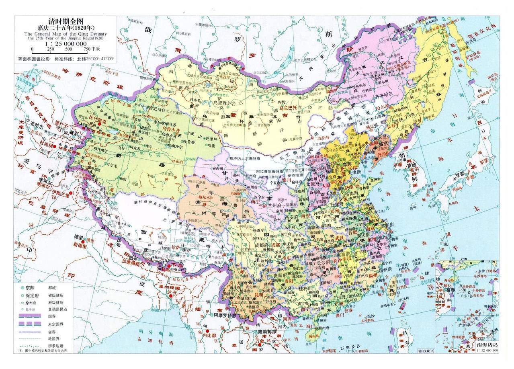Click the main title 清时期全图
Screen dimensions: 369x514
coord(66,22)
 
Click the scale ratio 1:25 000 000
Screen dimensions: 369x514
coord(66,43)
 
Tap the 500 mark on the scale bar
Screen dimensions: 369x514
coord(69,49)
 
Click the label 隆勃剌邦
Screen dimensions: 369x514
coord(268,332)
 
